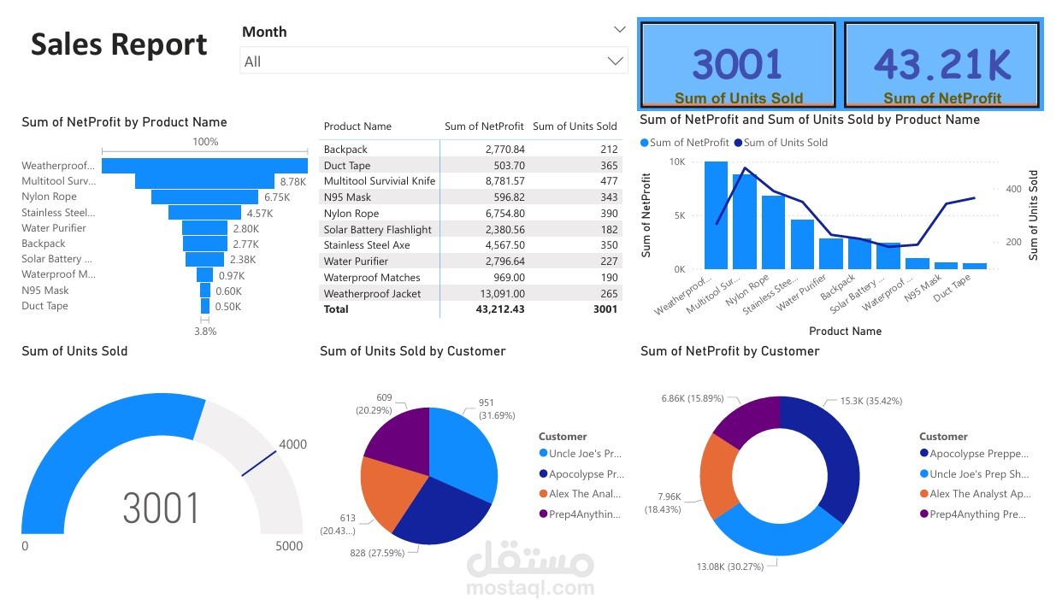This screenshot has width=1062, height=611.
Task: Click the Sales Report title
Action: click(119, 44)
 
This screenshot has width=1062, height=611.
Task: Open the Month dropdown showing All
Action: click(434, 62)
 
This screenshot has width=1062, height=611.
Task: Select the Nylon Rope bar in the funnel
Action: click(204, 197)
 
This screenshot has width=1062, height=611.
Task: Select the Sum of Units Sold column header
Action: click(575, 126)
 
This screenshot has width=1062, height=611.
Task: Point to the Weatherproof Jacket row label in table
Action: click(372, 294)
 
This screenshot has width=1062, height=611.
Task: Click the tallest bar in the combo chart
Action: click(716, 215)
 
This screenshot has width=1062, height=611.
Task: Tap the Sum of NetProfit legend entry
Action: click(684, 143)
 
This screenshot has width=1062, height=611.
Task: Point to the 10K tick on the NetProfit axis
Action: click(676, 162)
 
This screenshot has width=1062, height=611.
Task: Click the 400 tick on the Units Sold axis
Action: click(1013, 189)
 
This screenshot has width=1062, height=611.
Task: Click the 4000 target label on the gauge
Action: click(292, 444)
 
